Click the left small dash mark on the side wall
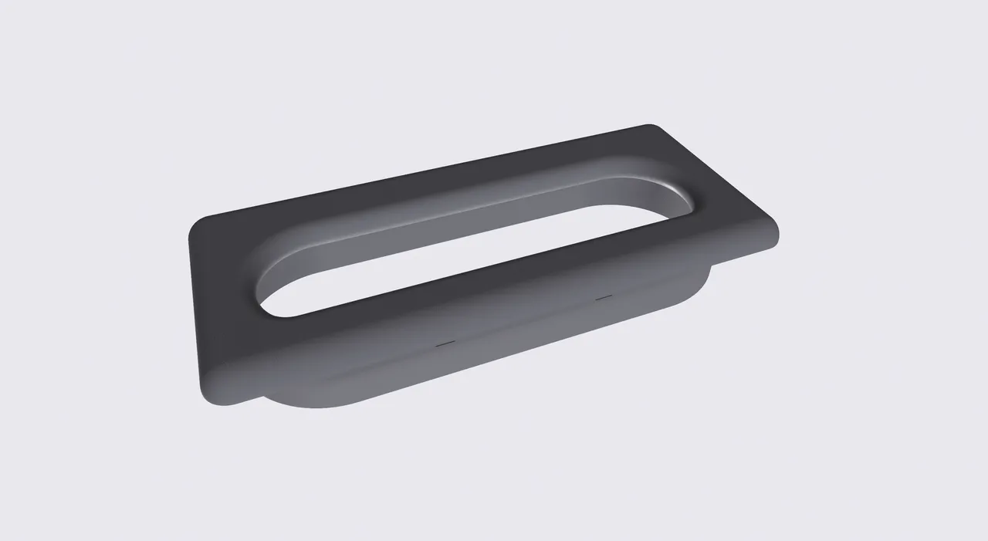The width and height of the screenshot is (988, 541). point(445,344)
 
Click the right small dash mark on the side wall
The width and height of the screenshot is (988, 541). point(604,297)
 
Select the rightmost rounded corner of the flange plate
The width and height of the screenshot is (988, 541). point(773,232)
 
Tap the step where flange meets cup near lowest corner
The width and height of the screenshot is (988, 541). point(259,399)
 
